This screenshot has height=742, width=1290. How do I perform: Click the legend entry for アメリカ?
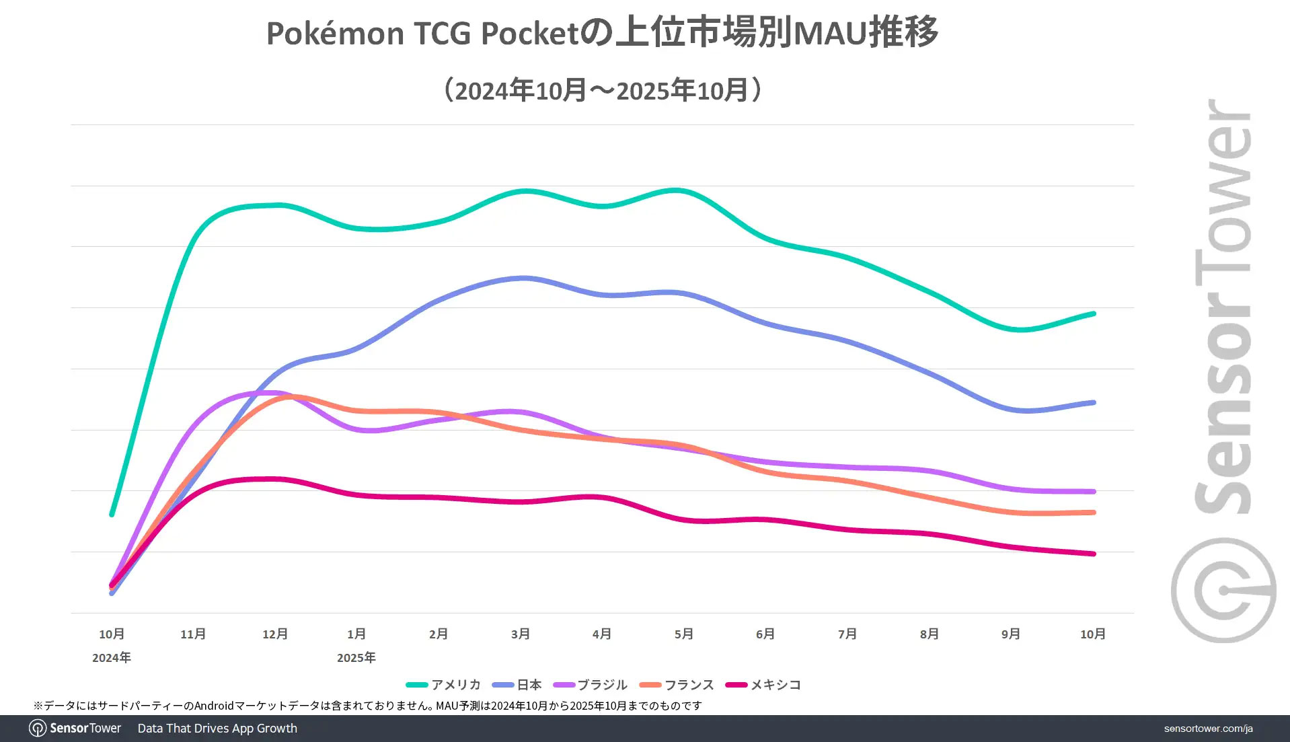pos(444,685)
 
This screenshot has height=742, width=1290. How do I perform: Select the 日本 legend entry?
pos(517,685)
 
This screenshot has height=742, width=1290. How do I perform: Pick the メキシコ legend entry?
pos(763,685)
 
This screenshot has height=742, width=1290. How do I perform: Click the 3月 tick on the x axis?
pos(520,634)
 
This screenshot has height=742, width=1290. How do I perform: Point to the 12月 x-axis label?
pos(275,634)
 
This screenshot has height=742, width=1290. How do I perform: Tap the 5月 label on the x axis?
pos(683,634)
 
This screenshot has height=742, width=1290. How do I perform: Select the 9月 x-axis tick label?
pos(1010,634)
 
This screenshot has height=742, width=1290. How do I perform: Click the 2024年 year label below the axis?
pos(112,657)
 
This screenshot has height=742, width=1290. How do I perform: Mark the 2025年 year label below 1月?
pos(356,657)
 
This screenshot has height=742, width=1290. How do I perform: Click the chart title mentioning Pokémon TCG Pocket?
pos(602,32)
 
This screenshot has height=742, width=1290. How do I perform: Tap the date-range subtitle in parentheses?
pos(602,90)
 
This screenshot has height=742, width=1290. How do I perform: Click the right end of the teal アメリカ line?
pos(1094,313)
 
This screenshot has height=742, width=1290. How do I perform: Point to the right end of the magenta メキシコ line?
pos(1094,554)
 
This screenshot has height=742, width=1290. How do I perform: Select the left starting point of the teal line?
pos(112,515)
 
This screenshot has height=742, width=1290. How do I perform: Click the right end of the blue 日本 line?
pos(1094,402)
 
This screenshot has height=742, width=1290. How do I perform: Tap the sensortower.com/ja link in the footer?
pos(1208,729)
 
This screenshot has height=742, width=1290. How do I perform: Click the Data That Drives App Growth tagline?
pos(217,729)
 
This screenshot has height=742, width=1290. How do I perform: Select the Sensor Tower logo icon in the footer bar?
pos(38,729)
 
